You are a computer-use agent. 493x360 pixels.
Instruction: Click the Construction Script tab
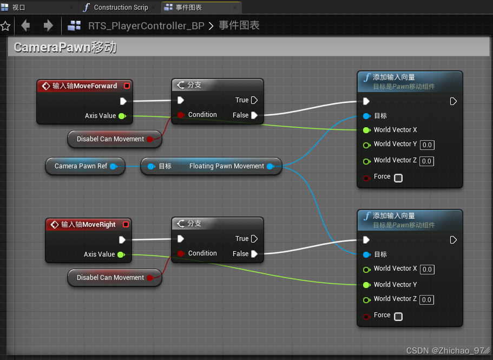click(x=120, y=8)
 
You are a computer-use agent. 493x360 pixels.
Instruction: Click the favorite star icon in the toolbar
click(x=5, y=26)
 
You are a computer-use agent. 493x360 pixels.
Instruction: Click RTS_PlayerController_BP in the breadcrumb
click(x=146, y=26)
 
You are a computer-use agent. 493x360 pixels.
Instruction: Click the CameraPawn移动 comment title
click(x=65, y=47)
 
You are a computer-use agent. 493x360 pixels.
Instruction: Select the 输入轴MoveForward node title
click(x=84, y=86)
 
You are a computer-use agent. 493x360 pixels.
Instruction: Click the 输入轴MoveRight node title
click(x=88, y=225)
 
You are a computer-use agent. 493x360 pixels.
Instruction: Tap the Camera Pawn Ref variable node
click(x=81, y=166)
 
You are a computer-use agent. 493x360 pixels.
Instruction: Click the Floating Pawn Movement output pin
click(x=271, y=166)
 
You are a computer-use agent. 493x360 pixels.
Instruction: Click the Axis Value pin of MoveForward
click(x=122, y=116)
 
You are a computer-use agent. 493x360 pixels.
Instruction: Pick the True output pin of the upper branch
click(x=254, y=100)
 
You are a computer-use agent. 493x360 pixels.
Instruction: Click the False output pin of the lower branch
click(x=254, y=254)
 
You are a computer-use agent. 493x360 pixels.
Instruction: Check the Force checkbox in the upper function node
click(x=398, y=178)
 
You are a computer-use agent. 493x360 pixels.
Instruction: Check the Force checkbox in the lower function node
click(x=398, y=316)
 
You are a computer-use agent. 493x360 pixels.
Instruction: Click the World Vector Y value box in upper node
click(x=427, y=145)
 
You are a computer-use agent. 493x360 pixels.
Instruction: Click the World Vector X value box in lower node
click(x=427, y=270)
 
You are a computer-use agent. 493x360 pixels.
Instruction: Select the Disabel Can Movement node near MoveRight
click(x=110, y=278)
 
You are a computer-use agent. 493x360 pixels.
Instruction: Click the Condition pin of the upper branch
click(x=181, y=115)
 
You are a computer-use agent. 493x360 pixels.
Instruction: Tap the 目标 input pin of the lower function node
click(x=366, y=254)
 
